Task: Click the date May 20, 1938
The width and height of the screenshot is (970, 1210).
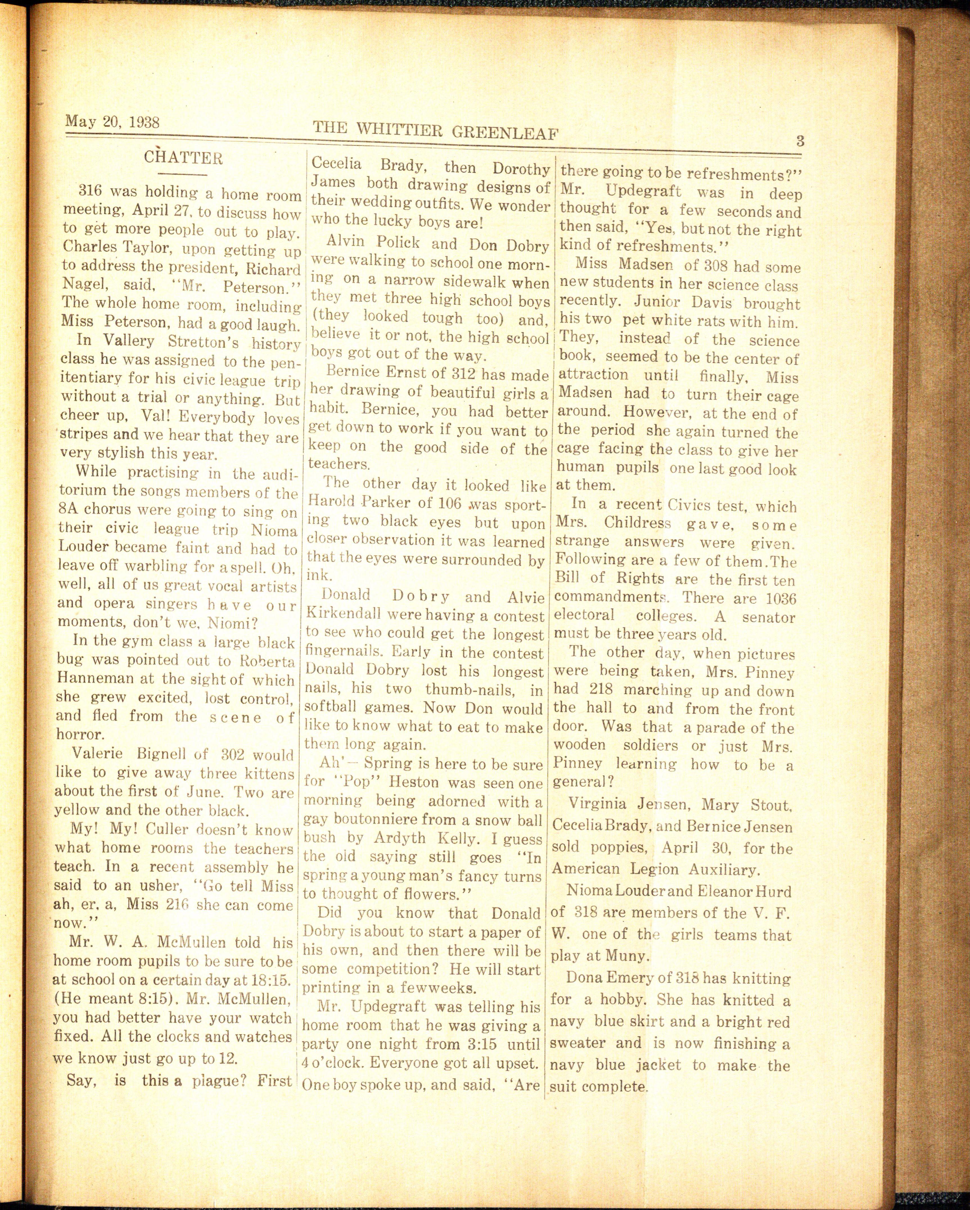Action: (x=112, y=122)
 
